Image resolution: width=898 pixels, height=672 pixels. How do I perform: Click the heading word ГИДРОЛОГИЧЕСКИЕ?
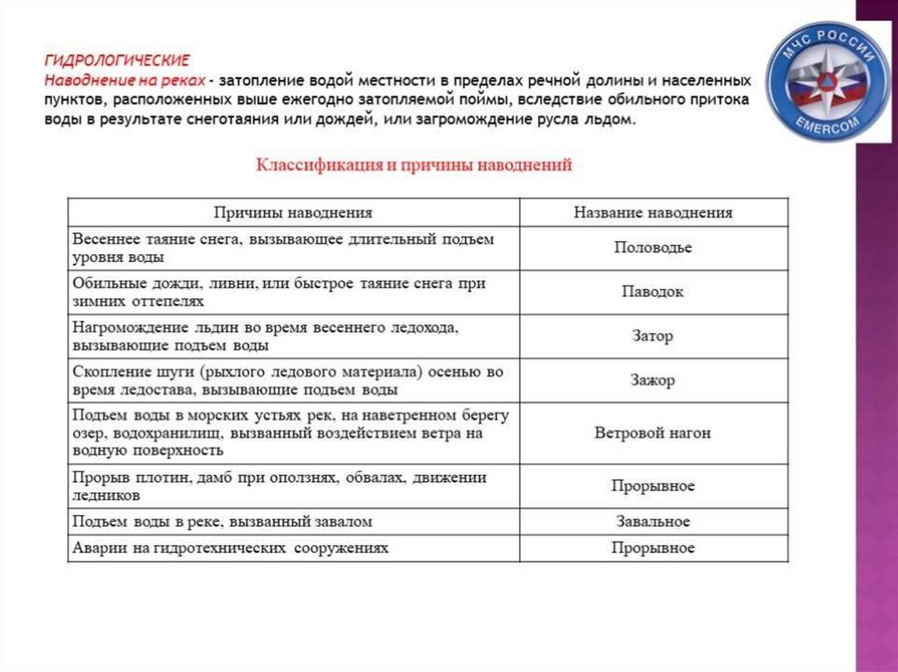tap(118, 60)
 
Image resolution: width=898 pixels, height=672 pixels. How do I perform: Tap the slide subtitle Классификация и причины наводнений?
tap(413, 165)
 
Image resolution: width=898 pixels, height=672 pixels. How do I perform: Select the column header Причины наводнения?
tap(294, 212)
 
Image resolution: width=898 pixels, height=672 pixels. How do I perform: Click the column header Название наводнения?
tap(652, 212)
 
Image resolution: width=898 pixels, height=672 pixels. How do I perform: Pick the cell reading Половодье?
tap(652, 248)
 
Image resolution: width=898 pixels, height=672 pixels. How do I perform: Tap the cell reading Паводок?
tap(652, 292)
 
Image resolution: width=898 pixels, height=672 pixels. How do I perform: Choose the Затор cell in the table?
tap(652, 336)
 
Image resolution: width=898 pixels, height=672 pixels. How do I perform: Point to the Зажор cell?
tap(652, 381)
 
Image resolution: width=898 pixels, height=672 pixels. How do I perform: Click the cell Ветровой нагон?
tap(652, 433)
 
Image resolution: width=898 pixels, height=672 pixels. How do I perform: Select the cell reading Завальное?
tap(652, 521)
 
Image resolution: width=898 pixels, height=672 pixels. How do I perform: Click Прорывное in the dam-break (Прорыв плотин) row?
tap(652, 485)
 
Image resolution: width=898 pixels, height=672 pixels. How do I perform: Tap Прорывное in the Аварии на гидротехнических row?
tap(652, 548)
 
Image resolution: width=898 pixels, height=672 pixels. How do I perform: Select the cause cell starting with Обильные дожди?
tap(279, 292)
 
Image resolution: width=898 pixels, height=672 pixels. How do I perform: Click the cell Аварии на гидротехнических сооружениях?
tap(231, 548)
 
